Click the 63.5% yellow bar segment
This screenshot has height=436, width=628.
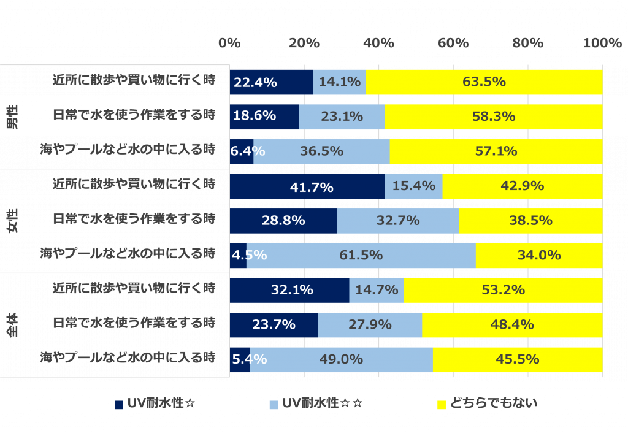click(x=484, y=82)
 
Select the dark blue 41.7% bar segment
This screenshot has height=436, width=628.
click(x=307, y=186)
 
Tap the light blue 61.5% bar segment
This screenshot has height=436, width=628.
click(x=361, y=256)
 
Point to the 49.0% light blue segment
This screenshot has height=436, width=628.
click(x=341, y=360)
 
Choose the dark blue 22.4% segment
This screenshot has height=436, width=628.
click(x=271, y=82)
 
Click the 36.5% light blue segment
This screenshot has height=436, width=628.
click(x=321, y=151)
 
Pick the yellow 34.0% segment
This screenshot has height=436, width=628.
click(x=539, y=256)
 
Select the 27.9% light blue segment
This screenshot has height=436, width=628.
click(x=370, y=325)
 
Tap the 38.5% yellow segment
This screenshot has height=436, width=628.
click(x=530, y=221)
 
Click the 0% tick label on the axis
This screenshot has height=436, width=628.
click(x=229, y=43)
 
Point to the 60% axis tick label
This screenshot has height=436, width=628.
click(x=453, y=43)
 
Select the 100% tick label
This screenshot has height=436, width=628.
click(x=602, y=43)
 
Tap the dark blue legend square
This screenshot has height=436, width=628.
click(x=119, y=404)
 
